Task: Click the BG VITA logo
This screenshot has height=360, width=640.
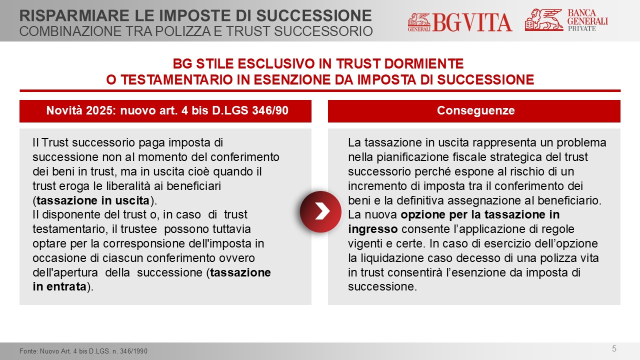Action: pyautogui.click(x=459, y=22)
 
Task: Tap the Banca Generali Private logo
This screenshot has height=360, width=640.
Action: pyautogui.click(x=566, y=19)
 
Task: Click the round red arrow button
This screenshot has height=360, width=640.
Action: pyautogui.click(x=320, y=211)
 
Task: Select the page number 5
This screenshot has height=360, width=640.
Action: pyautogui.click(x=614, y=348)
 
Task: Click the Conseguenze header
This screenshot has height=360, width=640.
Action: pyautogui.click(x=475, y=110)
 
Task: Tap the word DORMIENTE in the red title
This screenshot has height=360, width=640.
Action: pyautogui.click(x=424, y=63)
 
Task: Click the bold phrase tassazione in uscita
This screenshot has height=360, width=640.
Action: pyautogui.click(x=93, y=200)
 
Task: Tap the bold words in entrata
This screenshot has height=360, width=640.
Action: pyautogui.click(x=59, y=286)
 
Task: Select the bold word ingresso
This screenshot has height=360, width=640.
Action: pyautogui.click(x=372, y=229)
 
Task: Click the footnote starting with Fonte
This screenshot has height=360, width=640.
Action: pyautogui.click(x=83, y=351)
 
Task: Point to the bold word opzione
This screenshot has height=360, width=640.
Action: pyautogui.click(x=423, y=215)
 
